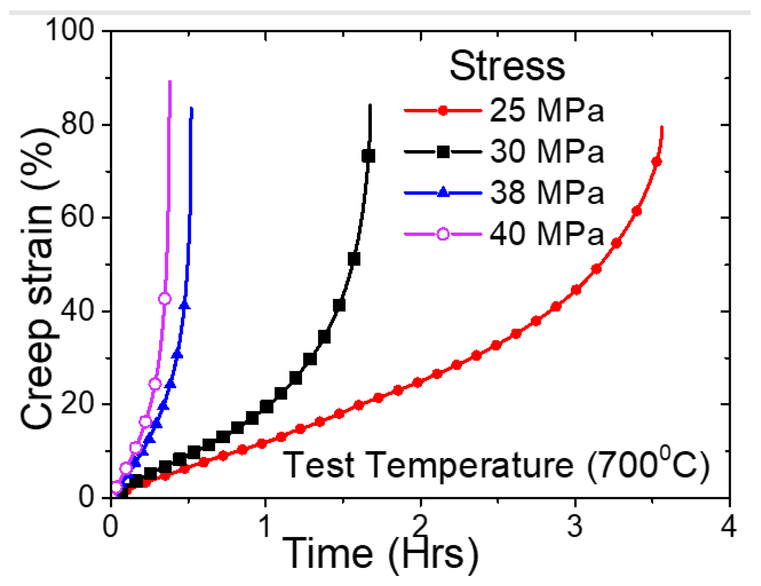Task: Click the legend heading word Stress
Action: [x=507, y=66]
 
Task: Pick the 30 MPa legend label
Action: [x=546, y=152]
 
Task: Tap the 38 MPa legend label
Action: [x=546, y=193]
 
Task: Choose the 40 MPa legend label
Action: [x=546, y=234]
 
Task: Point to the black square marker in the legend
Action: [x=443, y=152]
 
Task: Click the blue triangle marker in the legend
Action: [x=443, y=192]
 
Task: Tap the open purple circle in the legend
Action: [x=443, y=234]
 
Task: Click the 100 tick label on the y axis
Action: [x=70, y=31]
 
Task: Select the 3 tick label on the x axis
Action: [x=575, y=526]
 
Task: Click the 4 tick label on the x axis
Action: [x=729, y=526]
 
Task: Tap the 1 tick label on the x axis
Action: [x=265, y=526]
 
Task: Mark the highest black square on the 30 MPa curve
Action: [x=368, y=156]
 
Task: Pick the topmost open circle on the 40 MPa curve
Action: [x=165, y=299]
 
